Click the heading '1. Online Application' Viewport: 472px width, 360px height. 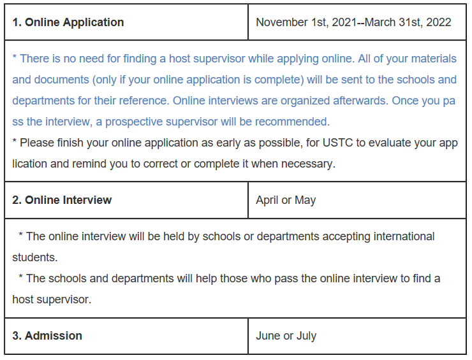point(68,22)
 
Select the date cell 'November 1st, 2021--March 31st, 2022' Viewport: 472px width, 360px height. point(353,22)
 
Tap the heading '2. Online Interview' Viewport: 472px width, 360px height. point(62,200)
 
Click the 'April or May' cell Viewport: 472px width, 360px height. point(286,200)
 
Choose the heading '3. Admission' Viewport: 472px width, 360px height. point(47,336)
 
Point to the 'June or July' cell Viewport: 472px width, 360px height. point(286,336)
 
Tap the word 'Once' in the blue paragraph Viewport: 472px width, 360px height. point(406,101)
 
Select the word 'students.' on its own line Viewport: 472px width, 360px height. point(34,257)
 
